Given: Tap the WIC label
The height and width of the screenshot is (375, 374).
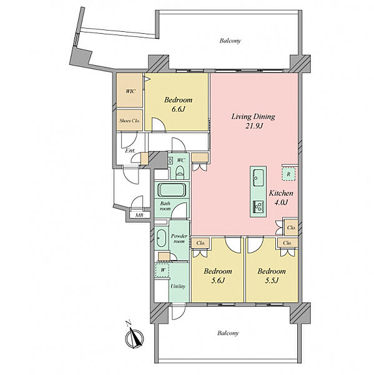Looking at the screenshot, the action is click(x=130, y=91).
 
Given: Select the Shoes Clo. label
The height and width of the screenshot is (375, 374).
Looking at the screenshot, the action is click(x=129, y=121).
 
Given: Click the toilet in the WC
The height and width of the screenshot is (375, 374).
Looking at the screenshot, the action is click(x=180, y=171).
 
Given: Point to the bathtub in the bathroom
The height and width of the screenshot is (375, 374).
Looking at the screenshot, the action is click(x=172, y=190).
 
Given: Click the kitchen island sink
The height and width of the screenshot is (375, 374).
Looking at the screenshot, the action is click(x=258, y=178).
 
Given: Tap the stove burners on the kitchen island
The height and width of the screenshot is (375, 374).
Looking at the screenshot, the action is click(x=258, y=206).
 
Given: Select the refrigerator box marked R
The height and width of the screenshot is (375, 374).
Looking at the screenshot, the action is click(x=288, y=174).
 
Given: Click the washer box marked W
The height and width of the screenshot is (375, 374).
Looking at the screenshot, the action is click(x=162, y=270).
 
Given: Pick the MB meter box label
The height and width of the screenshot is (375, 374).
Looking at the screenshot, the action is click(x=139, y=215).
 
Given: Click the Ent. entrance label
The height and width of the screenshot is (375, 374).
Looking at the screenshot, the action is click(x=130, y=151).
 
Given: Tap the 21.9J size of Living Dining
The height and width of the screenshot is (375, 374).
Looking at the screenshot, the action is click(x=253, y=126).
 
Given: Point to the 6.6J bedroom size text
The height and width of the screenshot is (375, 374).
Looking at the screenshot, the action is click(x=178, y=109).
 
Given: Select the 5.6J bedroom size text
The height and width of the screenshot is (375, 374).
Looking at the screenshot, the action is click(x=218, y=280).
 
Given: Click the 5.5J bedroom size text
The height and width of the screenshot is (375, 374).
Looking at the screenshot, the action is click(x=272, y=280).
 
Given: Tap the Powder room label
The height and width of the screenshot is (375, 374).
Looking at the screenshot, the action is click(x=179, y=239).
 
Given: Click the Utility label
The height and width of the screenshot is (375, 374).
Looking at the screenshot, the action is click(x=178, y=286).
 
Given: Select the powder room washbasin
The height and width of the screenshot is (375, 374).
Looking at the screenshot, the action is click(x=161, y=238).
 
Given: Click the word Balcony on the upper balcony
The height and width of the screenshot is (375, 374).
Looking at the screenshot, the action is click(x=230, y=41).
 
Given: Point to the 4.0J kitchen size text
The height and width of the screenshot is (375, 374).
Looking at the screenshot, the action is click(x=281, y=202).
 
